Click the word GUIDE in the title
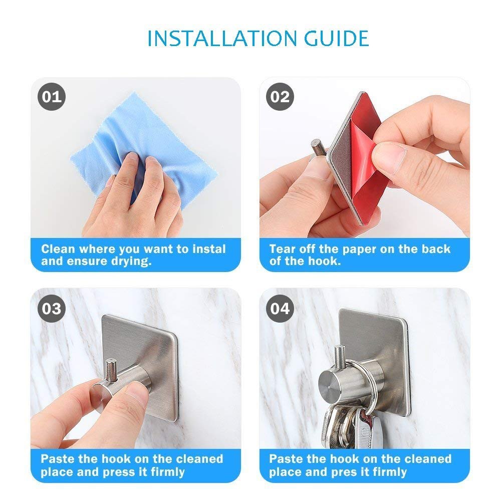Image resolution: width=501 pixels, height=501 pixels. (x=337, y=39)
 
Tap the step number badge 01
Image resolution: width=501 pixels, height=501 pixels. (x=52, y=97)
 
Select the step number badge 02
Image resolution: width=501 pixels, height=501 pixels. (x=280, y=97)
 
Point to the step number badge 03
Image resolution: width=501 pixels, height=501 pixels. (x=52, y=308)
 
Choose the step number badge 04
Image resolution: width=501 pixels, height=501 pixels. (x=280, y=308)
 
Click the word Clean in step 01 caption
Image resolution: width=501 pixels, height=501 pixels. (x=58, y=249)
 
